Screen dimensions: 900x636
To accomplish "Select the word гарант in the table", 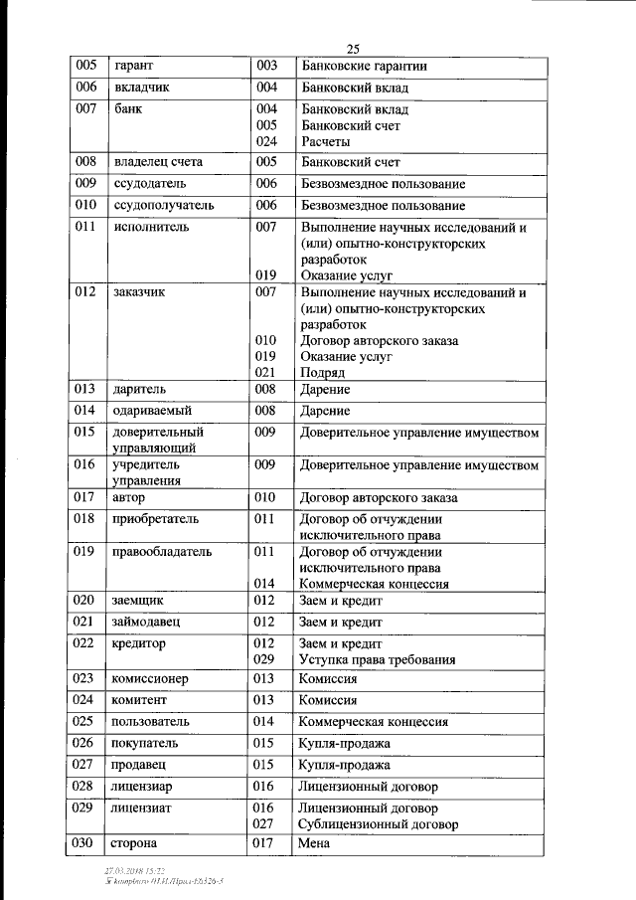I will pos(133,67).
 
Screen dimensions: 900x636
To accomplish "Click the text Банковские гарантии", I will pos(364,67).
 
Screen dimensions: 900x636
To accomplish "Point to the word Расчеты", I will pos(325,141).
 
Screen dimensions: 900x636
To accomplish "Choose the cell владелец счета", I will pos(158,162).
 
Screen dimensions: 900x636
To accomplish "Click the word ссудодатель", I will pos(150,184).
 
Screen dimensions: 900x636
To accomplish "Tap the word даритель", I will pos(140,390).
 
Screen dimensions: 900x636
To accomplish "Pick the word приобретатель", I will pos(156,518).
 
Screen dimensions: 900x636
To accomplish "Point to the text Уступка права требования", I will pos(378,658).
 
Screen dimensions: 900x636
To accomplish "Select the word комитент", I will pos(140,700).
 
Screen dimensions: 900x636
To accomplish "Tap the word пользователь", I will pos(153,722).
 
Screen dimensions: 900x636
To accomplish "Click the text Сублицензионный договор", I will pos(379,824).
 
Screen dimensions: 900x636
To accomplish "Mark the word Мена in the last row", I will pos(314,844).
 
